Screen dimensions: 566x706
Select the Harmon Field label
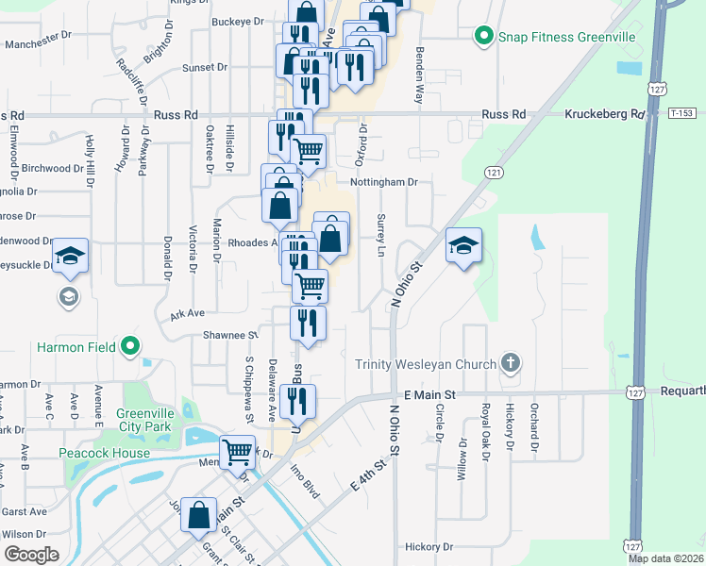[75, 347]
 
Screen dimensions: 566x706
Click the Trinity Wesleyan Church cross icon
[510, 362]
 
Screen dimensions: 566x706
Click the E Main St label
[429, 393]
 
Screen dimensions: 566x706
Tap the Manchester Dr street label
[38, 43]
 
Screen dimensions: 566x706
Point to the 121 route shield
[494, 173]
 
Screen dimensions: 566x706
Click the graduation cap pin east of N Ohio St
[463, 246]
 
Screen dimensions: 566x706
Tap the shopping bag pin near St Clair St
[199, 515]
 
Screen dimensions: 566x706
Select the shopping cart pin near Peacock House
[237, 453]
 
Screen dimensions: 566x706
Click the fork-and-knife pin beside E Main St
[298, 401]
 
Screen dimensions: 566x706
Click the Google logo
[31, 555]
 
